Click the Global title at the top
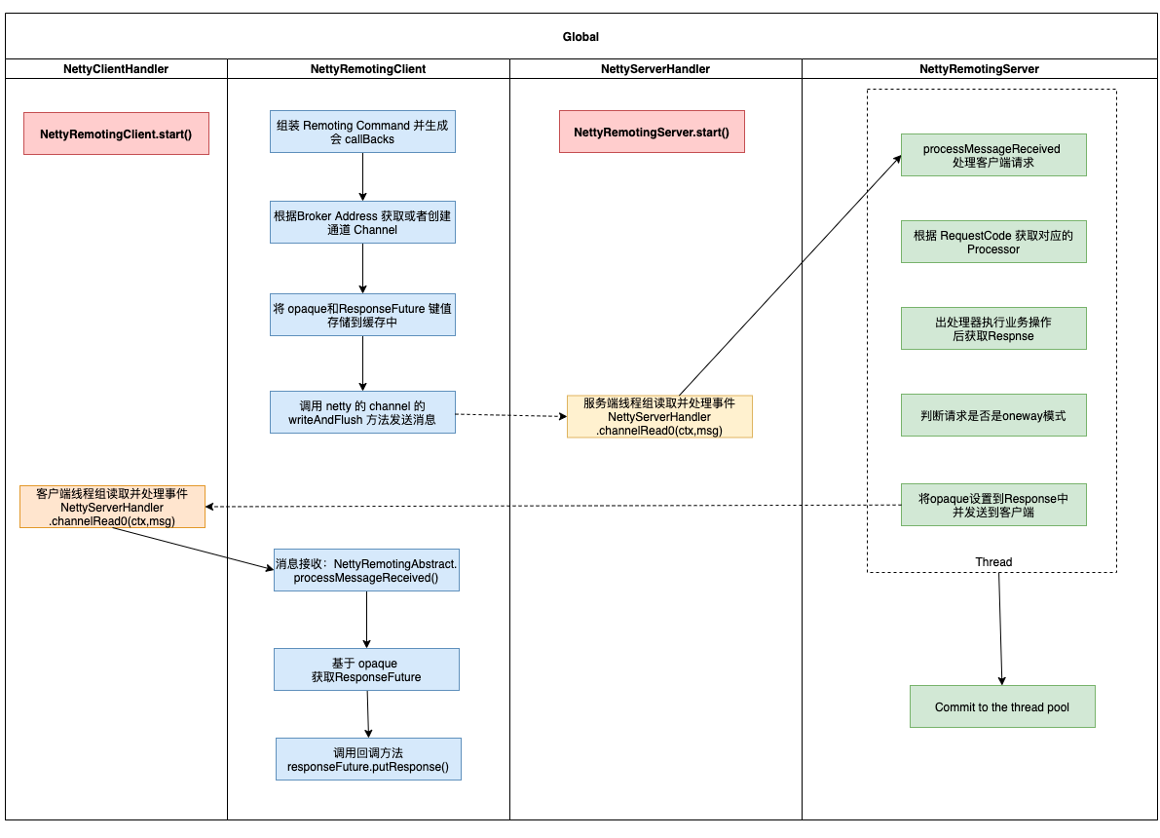click(x=580, y=37)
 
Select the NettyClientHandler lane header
click(x=116, y=69)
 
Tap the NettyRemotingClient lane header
click(x=368, y=69)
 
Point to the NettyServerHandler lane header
click(x=655, y=69)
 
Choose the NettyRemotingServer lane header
click(x=979, y=69)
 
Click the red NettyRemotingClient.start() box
click(x=116, y=134)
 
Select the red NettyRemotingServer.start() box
click(x=652, y=132)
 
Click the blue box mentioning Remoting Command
click(x=362, y=132)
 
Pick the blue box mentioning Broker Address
click(x=362, y=222)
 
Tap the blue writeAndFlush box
click(x=362, y=412)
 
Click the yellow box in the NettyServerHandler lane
click(x=660, y=417)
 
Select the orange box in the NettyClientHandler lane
click(x=112, y=507)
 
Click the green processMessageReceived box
click(x=993, y=155)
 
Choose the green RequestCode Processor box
click(x=993, y=242)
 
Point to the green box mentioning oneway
click(x=993, y=415)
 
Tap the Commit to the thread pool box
click(x=1002, y=707)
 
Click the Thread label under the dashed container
click(x=993, y=562)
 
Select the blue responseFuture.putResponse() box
click(x=368, y=759)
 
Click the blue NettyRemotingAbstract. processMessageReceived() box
click(x=366, y=570)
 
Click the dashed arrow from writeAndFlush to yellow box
click(x=511, y=415)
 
